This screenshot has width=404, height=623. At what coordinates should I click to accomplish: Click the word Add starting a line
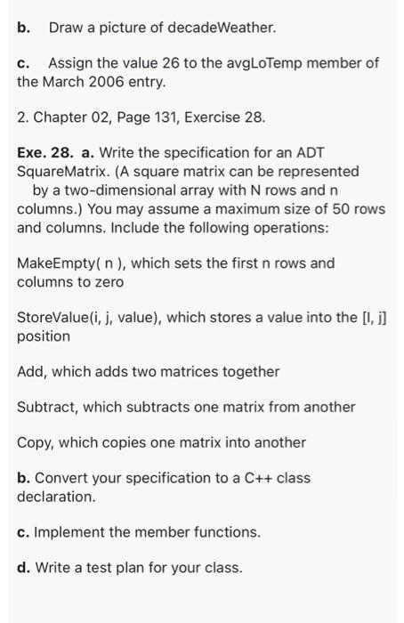point(31,371)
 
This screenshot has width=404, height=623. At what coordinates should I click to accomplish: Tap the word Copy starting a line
point(34,442)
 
